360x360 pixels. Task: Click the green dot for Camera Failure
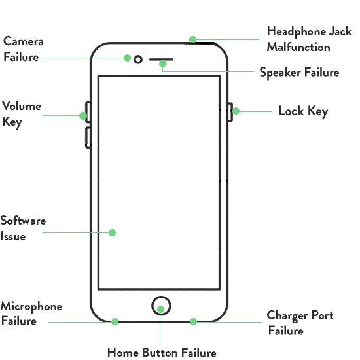[127, 58]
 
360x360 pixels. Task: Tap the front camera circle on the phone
[138, 56]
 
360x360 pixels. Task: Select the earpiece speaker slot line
[161, 60]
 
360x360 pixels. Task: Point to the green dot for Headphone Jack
[192, 39]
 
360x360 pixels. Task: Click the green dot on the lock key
[236, 111]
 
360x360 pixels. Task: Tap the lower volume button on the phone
[87, 137]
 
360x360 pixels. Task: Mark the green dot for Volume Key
[83, 116]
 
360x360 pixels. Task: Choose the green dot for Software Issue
[112, 232]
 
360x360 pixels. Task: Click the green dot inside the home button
[161, 309]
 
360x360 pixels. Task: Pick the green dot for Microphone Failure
[115, 321]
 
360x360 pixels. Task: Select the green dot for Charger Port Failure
[193, 321]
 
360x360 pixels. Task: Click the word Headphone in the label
[297, 31]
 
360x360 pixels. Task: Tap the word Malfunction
[298, 47]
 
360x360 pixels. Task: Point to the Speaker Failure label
[299, 73]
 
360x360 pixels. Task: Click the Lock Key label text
[303, 111]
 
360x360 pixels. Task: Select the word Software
[23, 221]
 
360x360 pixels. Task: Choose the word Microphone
[31, 307]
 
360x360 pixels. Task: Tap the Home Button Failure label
[162, 352]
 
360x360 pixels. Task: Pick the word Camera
[23, 41]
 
